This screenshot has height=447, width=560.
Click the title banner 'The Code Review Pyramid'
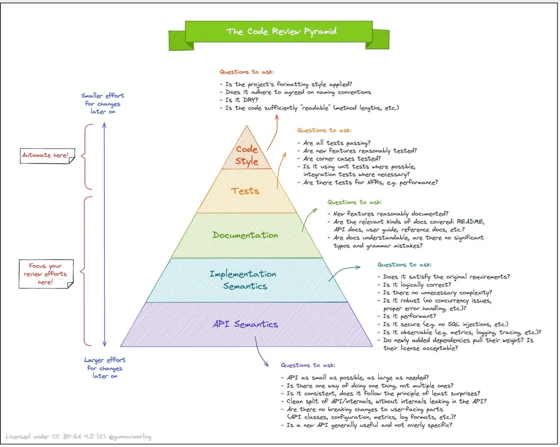[x=281, y=31]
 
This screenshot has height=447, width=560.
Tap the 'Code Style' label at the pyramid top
[x=247, y=155]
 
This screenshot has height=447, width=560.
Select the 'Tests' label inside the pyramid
[x=245, y=191]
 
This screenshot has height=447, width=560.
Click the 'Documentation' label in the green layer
[x=245, y=235]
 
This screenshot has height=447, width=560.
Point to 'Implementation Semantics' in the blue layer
[x=243, y=280]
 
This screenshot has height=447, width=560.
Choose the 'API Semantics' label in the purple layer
[x=245, y=324]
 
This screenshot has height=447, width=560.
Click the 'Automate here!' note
[x=45, y=155]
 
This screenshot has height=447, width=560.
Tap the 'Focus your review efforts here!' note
[x=45, y=274]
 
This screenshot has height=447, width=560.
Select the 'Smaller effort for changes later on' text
[x=103, y=104]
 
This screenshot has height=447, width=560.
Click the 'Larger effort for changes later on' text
[x=105, y=368]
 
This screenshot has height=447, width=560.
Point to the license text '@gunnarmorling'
[x=130, y=437]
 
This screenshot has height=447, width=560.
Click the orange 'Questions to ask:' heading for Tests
[x=324, y=130]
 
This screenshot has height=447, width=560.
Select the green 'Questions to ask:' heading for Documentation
[x=354, y=202]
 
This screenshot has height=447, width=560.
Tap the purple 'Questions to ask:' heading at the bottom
[x=308, y=365]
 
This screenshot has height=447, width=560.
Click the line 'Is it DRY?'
[x=241, y=100]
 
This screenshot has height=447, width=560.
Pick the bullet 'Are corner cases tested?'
[x=342, y=159]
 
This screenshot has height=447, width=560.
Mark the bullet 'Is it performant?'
[x=409, y=316]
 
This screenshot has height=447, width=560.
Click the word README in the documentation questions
[x=470, y=222]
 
